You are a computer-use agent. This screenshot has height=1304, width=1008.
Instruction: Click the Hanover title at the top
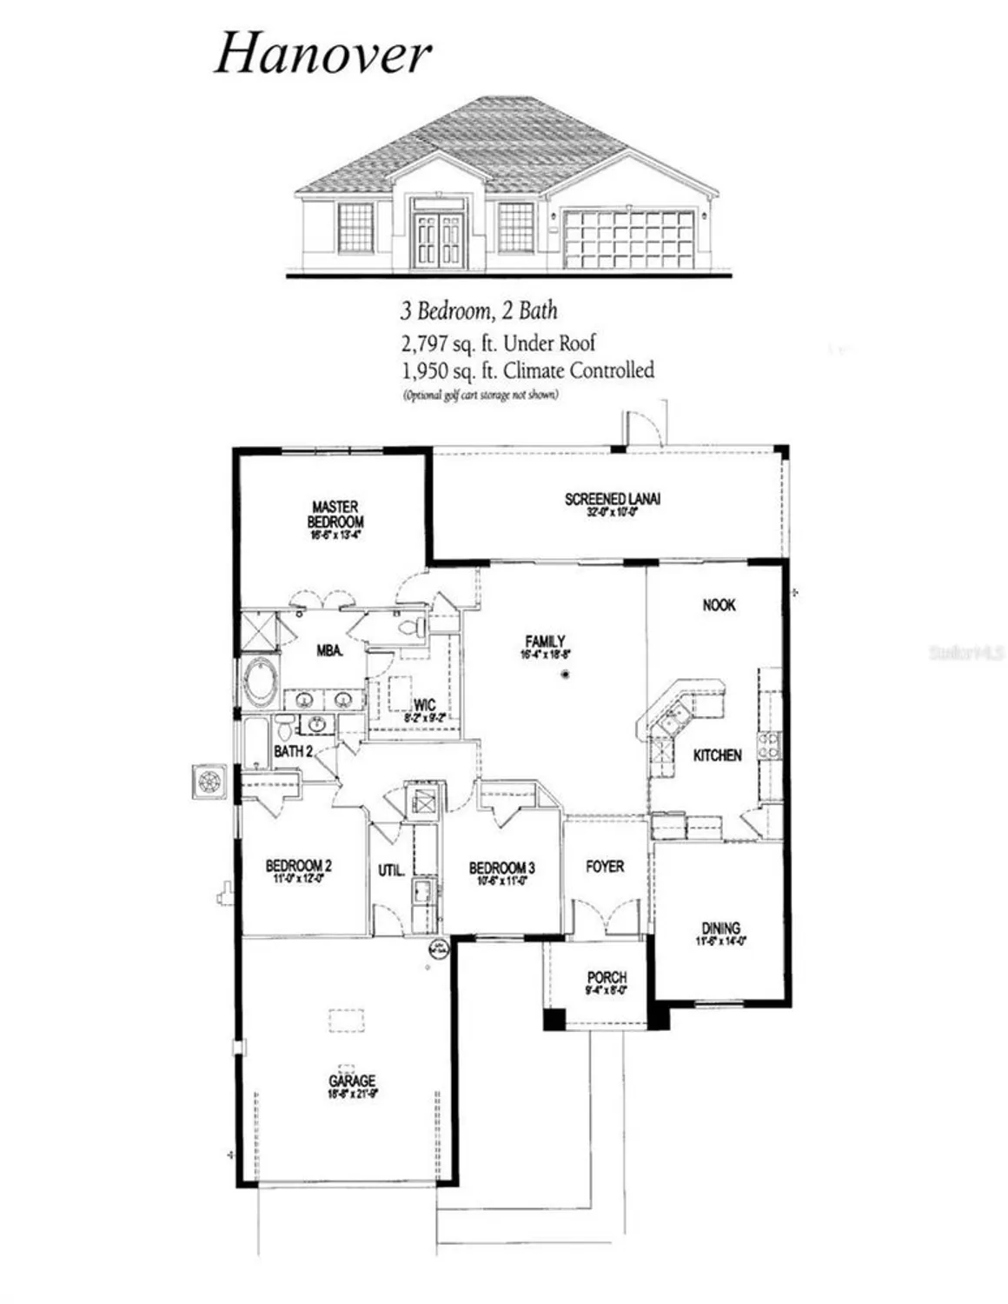click(x=322, y=55)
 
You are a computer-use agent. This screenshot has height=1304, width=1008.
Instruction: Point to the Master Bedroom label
click(x=335, y=515)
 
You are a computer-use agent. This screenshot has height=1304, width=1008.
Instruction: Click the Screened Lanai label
click(x=612, y=499)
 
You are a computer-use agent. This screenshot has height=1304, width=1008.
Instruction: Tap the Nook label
click(x=719, y=605)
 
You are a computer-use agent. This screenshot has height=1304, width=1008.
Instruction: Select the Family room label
click(x=545, y=642)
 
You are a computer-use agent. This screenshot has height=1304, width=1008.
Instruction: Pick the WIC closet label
click(x=425, y=705)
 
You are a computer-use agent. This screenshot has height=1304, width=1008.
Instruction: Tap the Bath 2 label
click(x=293, y=751)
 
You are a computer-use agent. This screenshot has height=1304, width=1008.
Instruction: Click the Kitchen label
click(x=717, y=755)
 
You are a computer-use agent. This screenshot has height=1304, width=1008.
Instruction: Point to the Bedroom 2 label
click(x=298, y=866)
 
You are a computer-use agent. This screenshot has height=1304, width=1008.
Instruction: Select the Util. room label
click(x=391, y=869)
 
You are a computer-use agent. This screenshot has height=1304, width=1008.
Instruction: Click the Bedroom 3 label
click(x=501, y=868)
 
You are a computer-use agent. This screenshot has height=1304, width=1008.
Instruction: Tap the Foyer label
click(x=605, y=867)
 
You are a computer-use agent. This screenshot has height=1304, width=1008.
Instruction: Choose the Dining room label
click(x=720, y=928)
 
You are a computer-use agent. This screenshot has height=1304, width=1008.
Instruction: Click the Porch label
click(x=607, y=977)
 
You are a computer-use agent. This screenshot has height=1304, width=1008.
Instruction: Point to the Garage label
click(x=352, y=1081)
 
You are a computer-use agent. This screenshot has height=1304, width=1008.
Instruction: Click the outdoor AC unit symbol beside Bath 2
click(x=209, y=781)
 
